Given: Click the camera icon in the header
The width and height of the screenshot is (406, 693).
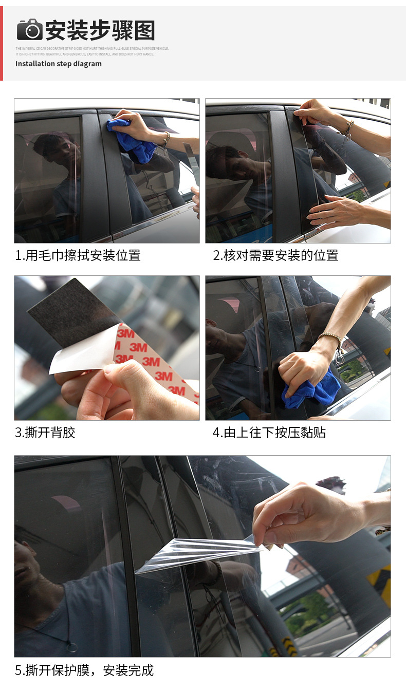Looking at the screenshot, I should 29,29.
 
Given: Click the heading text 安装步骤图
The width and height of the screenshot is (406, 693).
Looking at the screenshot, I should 100,30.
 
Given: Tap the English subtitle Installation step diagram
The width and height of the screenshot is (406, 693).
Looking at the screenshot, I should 59,64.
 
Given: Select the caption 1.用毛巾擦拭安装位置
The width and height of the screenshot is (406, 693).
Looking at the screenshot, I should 78,255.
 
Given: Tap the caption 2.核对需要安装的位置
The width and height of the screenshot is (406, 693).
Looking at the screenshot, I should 275,255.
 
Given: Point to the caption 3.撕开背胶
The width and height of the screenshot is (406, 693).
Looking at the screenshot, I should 45,433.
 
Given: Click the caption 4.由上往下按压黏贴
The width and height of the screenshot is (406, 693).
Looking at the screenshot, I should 269,433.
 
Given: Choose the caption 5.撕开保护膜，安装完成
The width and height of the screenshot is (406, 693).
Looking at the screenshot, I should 84,670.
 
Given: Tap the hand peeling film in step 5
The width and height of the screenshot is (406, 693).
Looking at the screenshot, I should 308,514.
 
